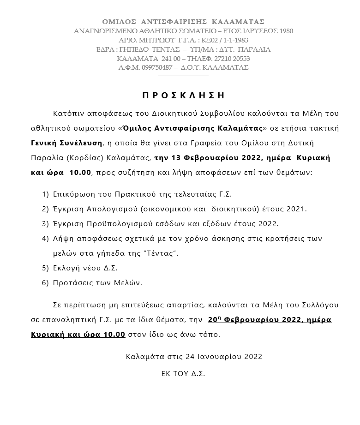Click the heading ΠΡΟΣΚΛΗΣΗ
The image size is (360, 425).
point(183,96)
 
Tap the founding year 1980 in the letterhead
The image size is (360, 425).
point(284,31)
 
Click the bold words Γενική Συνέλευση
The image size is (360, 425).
point(64,143)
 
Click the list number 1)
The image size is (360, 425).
point(45,194)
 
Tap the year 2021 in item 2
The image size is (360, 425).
point(297,209)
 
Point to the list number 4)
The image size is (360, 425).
point(45,239)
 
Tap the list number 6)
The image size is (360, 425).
point(45,283)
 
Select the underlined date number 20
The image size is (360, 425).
point(213,319)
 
